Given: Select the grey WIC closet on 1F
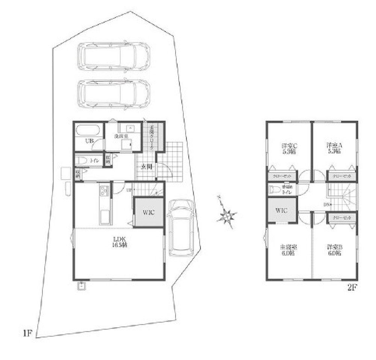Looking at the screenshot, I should point(149,212).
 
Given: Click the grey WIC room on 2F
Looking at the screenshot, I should point(282,211).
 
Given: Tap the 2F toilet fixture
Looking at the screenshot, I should point(275,190).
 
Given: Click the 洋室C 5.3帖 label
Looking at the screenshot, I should point(290,149).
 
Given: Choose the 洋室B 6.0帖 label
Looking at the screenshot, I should point(334,250).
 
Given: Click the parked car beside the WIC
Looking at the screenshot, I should point(181,228).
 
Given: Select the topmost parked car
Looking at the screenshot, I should point(114,57).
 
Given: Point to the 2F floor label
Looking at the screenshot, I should point(352,288).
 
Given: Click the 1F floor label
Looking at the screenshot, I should point(28,333).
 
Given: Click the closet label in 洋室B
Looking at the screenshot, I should point(342,218).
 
